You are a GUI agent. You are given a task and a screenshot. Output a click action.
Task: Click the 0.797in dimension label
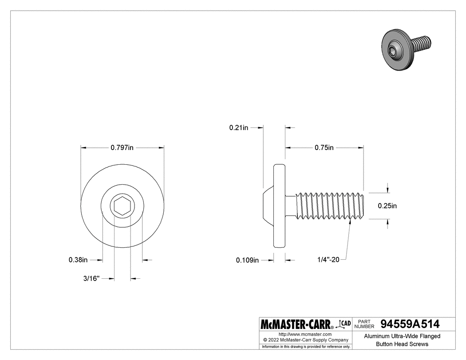pyautogui.click(x=122, y=148)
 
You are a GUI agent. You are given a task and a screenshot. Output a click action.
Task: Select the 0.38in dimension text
pyautogui.click(x=78, y=260)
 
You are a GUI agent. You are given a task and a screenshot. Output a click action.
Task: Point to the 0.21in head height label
pyautogui.click(x=239, y=128)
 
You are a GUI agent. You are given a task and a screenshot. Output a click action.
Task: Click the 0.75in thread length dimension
pyautogui.click(x=324, y=148)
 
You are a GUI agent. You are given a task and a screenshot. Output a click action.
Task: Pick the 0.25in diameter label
pyautogui.click(x=387, y=206)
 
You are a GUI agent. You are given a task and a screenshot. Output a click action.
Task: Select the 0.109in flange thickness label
pyautogui.click(x=247, y=260)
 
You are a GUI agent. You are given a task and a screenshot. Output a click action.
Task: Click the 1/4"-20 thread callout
pyautogui.click(x=329, y=260)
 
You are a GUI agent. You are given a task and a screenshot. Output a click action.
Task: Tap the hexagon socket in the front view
pyautogui.click(x=122, y=206)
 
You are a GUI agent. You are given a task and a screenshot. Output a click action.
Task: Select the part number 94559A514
pyautogui.click(x=411, y=324)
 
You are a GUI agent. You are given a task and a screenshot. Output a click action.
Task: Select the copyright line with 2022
pyautogui.click(x=305, y=340)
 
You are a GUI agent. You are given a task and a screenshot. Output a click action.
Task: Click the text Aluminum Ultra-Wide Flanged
pyautogui.click(x=402, y=336)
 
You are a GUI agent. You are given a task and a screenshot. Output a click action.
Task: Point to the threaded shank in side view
pyautogui.click(x=331, y=206)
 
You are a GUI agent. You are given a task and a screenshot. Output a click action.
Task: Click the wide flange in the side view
pyautogui.click(x=279, y=206)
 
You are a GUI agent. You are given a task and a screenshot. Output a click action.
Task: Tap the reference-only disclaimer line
pyautogui.click(x=305, y=346)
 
